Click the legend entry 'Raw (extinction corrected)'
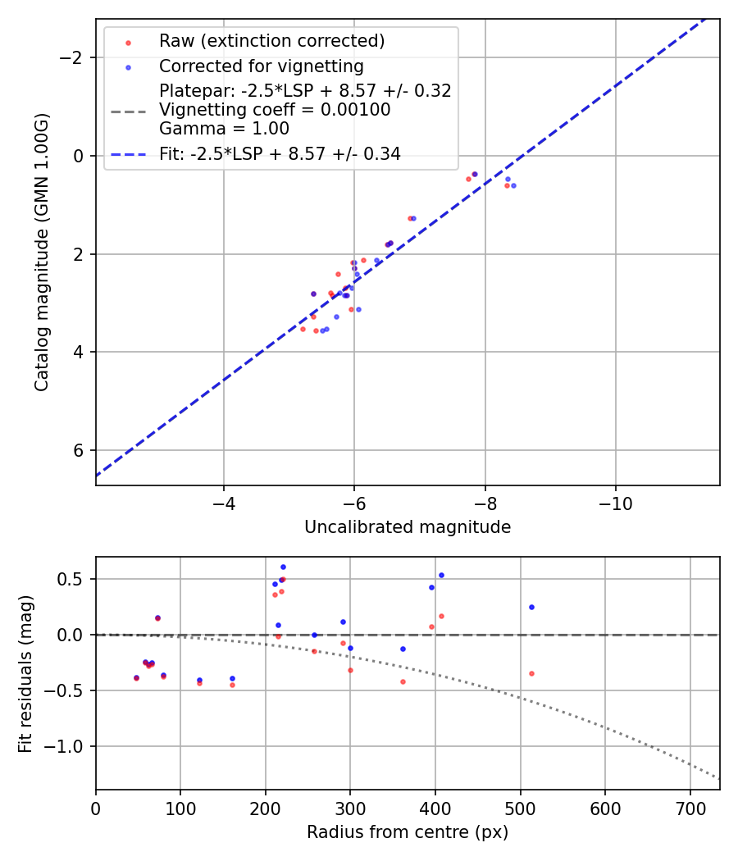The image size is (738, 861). [x=271, y=41]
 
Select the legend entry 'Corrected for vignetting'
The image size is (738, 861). [x=261, y=66]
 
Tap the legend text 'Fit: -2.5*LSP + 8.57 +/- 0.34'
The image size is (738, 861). [x=280, y=153]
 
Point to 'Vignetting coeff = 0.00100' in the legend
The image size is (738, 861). [x=275, y=110]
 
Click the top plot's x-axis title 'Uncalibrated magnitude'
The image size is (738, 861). [x=408, y=527]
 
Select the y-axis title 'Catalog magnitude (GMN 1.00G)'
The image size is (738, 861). [x=43, y=252]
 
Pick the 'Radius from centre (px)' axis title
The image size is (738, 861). [x=408, y=832]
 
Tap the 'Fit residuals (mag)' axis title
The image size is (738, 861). [x=25, y=673]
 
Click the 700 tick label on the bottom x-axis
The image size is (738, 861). [x=690, y=808]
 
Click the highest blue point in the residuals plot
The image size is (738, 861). [x=283, y=567]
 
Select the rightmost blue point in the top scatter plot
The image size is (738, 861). [x=513, y=185]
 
